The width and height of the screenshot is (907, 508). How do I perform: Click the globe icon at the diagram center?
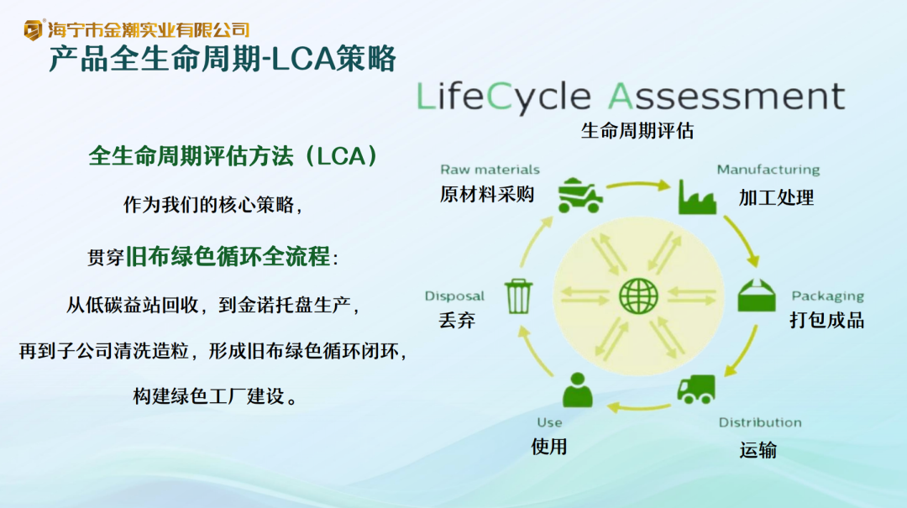click(638, 296)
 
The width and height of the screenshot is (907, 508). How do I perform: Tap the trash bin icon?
click(517, 296)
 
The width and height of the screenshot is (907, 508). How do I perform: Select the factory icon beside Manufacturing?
click(697, 196)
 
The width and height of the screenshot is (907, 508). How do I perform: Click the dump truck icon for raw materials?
click(580, 195)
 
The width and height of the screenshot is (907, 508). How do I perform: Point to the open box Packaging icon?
click(756, 295)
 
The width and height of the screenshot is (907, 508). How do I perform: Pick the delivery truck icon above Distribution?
click(696, 389)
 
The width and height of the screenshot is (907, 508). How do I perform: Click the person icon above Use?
click(577, 390)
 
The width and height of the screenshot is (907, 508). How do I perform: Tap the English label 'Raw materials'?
click(490, 170)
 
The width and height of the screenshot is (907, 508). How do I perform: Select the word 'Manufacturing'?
click(768, 170)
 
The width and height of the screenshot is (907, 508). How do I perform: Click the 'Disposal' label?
click(454, 296)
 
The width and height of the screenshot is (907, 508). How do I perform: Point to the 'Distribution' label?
click(760, 422)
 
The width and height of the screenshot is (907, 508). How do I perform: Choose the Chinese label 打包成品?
click(826, 320)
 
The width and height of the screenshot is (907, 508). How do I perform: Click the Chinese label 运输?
click(758, 449)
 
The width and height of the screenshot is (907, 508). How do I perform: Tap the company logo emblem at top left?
click(33, 29)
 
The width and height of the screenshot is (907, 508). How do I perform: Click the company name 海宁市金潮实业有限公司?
click(148, 29)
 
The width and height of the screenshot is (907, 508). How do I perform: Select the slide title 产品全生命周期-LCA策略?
click(223, 59)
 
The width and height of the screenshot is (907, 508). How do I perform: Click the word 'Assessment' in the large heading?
click(726, 96)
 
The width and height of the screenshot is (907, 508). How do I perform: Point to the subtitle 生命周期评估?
click(637, 131)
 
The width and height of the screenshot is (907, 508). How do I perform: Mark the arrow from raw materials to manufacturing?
click(638, 186)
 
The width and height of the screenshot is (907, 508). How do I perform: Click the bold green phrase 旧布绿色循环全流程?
click(228, 256)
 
